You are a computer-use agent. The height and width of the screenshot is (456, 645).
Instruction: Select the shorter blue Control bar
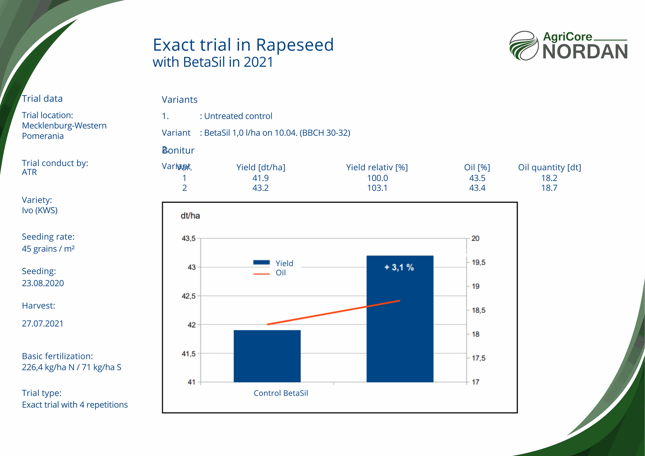coord(267,356)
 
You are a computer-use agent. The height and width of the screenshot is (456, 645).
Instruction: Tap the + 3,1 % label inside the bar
coord(399,267)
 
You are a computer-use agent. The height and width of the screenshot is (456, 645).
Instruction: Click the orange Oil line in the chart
coord(333,313)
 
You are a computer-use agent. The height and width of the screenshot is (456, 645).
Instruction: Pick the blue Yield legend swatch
coord(261,263)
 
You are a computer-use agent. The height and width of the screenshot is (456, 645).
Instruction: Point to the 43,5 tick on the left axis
coord(188,238)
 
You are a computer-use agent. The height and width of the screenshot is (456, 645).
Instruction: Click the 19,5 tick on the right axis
coord(478,262)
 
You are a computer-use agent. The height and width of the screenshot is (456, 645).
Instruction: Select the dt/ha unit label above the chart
coord(190,216)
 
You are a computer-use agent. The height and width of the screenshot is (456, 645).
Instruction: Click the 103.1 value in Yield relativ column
coord(377,188)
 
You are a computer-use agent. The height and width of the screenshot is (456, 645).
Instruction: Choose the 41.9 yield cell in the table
coord(260,178)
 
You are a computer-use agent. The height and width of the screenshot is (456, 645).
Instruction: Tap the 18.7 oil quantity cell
coord(549,188)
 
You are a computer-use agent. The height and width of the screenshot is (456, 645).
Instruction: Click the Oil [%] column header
coord(477,167)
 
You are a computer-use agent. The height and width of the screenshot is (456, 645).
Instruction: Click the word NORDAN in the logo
coord(585,52)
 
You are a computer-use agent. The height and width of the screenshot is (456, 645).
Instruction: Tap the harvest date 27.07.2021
coord(43,323)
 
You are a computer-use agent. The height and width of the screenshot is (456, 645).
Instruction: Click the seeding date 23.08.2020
coord(43,283)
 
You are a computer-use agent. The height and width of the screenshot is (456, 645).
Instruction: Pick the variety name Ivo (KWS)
coord(40,210)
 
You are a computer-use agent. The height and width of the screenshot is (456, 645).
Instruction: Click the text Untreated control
coord(238,116)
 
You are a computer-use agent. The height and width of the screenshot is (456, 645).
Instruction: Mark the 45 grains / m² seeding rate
coord(48,249)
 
